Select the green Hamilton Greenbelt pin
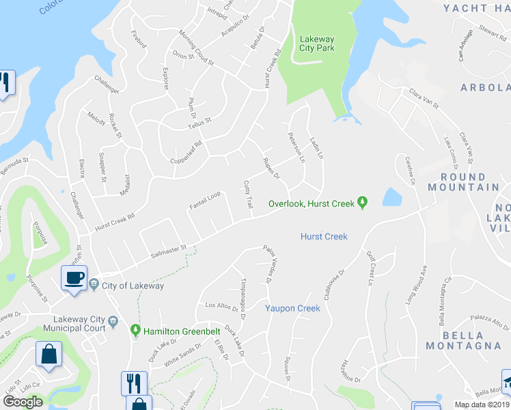pyautogui.click(x=136, y=331)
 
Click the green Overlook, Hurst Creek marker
pyautogui.click(x=363, y=203)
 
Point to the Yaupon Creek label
pyautogui.click(x=292, y=308)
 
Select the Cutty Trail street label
pyautogui.click(x=249, y=195)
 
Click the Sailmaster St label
pyautogui.click(x=169, y=253)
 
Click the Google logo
pyautogui.click(x=23, y=401)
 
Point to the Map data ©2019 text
pyautogui.click(x=482, y=405)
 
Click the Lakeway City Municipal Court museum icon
pyautogui.click(x=113, y=320)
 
